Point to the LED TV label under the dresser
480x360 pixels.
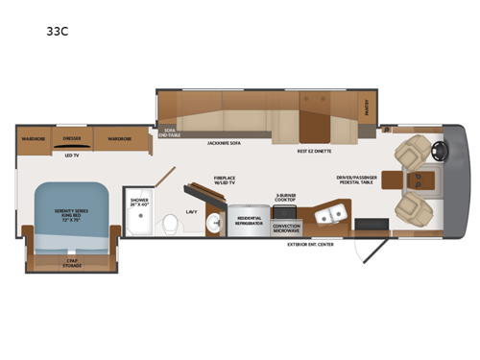tap(71, 155)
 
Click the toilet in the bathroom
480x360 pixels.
tap(170, 224)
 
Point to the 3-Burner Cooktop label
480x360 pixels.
tap(286, 197)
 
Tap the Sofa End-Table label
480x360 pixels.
tap(170, 132)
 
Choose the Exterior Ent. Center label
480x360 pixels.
tap(312, 244)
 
